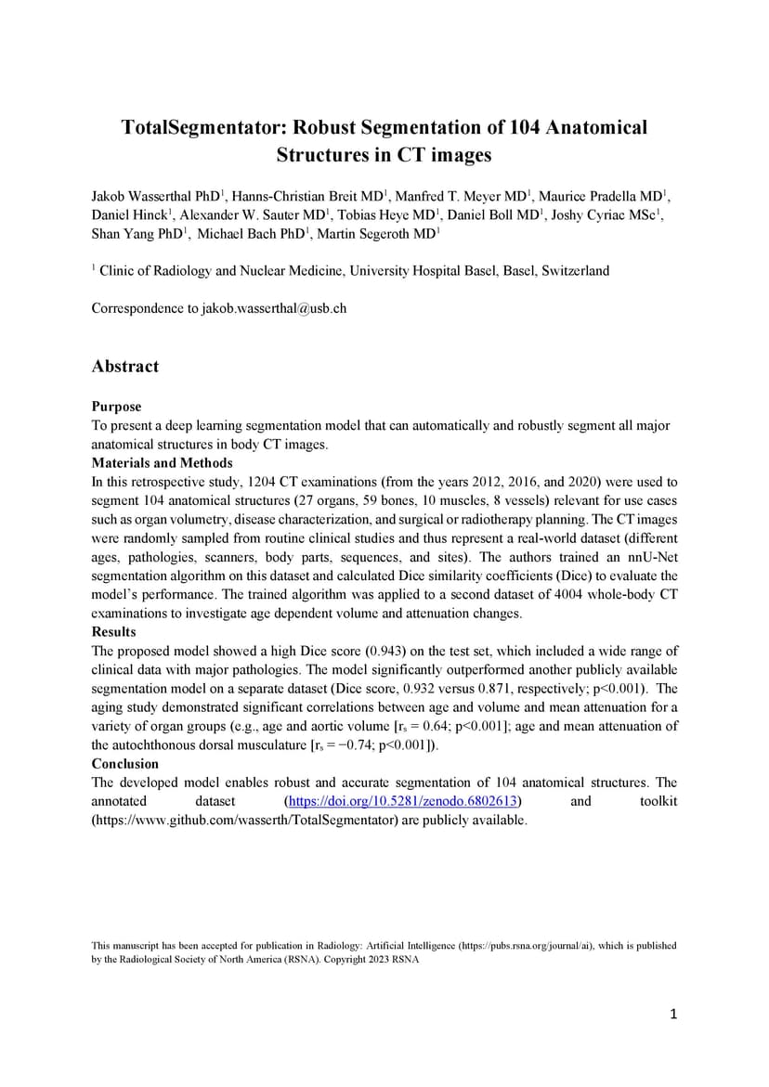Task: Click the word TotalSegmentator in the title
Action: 196,127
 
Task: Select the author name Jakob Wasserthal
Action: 141,197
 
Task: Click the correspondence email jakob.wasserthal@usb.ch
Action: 274,308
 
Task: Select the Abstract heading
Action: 125,367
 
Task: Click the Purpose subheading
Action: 116,407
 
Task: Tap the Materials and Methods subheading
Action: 162,463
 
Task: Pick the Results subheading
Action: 113,632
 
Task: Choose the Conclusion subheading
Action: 125,764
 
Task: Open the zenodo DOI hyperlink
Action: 401,801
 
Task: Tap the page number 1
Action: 673,1015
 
